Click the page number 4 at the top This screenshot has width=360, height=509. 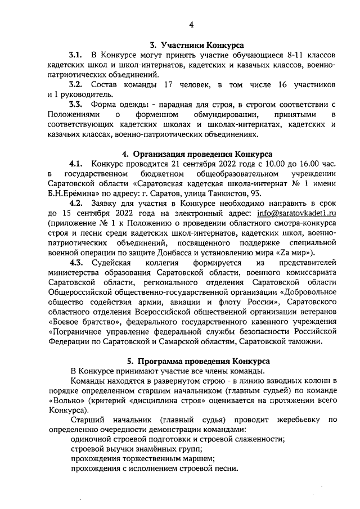pos(191,25)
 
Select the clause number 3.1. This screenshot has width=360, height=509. pos(76,55)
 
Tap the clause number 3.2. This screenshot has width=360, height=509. pos(76,84)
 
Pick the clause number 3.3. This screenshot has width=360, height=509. pos(76,104)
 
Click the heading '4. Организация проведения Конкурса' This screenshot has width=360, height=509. pos(197,154)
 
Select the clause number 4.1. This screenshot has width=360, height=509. pos(76,164)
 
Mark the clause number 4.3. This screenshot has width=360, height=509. pos(76,263)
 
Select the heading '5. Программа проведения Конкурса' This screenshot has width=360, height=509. pos(197,361)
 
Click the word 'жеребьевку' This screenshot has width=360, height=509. pos(302,420)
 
